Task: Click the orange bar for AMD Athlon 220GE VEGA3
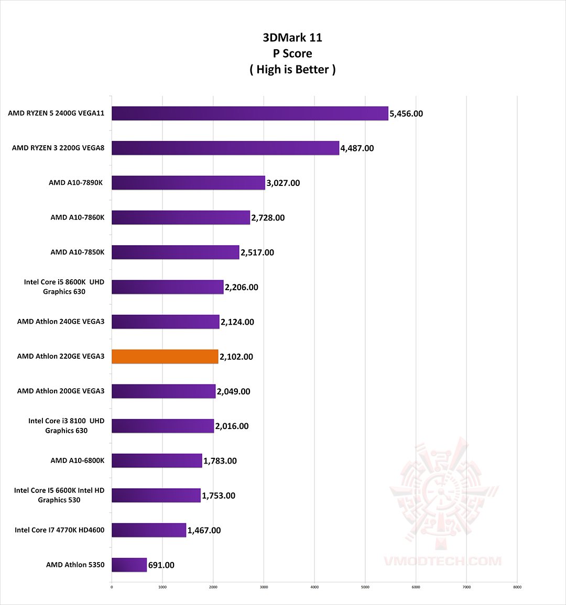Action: pos(165,357)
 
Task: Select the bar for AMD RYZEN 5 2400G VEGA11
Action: pos(249,113)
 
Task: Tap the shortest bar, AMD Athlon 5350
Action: pos(129,565)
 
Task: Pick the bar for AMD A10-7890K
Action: pos(188,183)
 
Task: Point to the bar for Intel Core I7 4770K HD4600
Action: pos(149,530)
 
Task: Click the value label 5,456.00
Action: pos(406,114)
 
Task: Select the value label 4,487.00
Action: pos(357,148)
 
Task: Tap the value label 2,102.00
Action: pos(236,357)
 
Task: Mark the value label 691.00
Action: pos(161,565)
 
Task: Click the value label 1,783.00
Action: pos(220,461)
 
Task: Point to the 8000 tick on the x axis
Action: pos(517,587)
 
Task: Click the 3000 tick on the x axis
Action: pos(264,587)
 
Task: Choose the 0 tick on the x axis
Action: pos(112,587)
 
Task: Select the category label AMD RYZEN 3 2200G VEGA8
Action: pos(58,148)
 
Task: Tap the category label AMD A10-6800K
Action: pos(78,460)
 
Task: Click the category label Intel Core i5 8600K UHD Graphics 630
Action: pos(64,287)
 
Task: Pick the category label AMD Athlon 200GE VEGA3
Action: pos(61,391)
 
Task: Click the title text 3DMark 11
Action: pos(292,38)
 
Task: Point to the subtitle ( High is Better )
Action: pos(292,70)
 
